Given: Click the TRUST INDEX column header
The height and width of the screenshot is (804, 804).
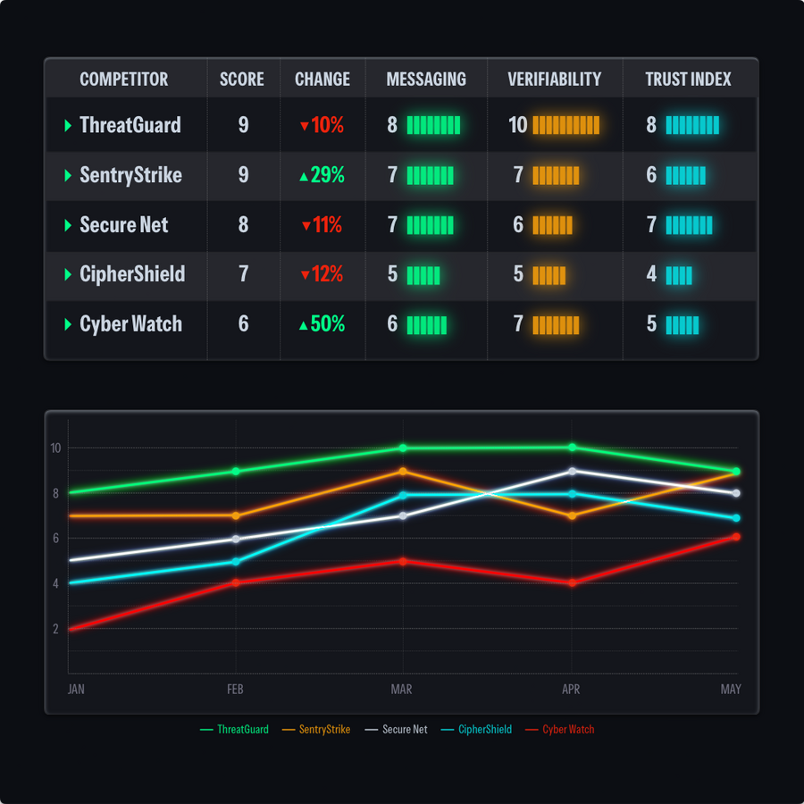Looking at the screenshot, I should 688,80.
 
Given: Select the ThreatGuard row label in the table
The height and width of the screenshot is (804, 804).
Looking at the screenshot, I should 130,125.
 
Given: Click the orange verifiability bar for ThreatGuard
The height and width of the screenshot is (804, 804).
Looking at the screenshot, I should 565,125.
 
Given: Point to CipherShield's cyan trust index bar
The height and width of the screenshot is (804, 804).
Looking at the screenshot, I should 679,274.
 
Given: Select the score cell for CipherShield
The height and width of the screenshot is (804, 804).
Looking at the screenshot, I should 243,274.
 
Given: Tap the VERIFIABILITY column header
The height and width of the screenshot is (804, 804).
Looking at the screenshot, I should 554,80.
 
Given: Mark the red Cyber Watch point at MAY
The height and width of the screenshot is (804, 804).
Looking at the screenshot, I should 736,537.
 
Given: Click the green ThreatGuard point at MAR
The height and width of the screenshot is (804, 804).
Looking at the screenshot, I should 403,448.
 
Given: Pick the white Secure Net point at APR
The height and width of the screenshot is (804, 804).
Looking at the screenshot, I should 572,471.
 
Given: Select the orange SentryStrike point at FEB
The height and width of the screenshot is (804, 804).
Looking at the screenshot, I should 236,515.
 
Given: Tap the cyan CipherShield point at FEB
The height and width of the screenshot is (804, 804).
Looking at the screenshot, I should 236,562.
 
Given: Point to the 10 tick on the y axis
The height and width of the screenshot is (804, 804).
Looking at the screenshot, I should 55,448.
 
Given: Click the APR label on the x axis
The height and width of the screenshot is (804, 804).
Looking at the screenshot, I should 571,690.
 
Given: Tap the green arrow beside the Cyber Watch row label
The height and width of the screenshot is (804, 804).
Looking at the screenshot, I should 68,324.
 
